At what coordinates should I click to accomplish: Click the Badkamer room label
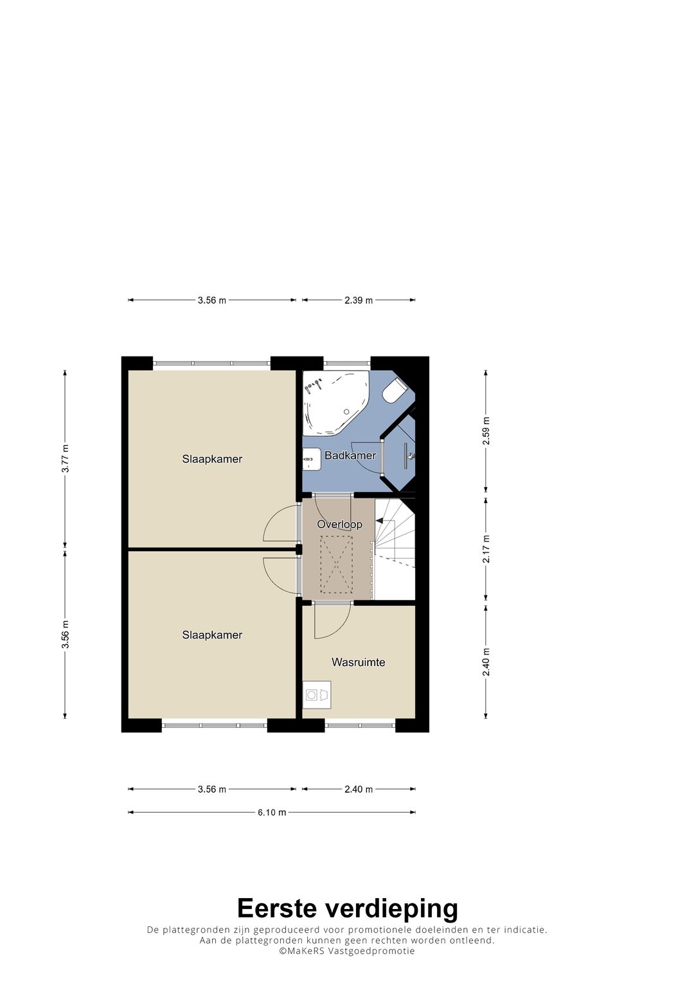point(350,455)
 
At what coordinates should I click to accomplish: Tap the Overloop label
point(339,524)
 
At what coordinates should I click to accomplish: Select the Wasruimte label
point(358,662)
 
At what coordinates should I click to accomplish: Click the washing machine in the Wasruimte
point(317,694)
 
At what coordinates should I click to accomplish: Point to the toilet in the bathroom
point(394,391)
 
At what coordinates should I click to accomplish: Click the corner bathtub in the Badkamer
point(335,401)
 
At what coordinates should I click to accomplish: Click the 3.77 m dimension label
point(66,459)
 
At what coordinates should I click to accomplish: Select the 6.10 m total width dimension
point(272,812)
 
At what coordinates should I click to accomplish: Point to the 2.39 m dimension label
point(359,300)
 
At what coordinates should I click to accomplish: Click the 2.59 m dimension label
point(486,431)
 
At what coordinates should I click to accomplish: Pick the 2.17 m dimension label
point(486,549)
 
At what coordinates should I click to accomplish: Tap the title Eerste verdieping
point(347,908)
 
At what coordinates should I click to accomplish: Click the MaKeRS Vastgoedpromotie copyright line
point(347,951)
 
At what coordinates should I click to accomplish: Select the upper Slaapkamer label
point(212,459)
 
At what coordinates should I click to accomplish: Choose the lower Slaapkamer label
point(212,635)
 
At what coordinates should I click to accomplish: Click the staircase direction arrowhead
point(380,521)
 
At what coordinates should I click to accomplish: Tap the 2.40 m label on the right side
point(486,662)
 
